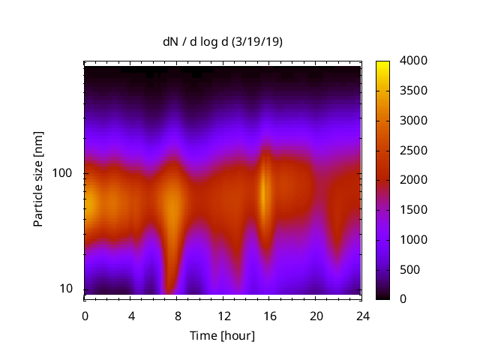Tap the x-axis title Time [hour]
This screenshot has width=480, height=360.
click(x=222, y=335)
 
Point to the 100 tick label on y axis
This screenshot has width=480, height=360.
click(x=63, y=173)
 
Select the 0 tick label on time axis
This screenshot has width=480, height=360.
click(x=85, y=316)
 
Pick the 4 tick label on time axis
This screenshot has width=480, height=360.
click(x=131, y=316)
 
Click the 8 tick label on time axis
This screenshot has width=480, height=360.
click(x=177, y=316)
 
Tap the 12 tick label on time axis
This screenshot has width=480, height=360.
click(x=223, y=316)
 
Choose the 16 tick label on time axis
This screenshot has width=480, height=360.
click(x=269, y=316)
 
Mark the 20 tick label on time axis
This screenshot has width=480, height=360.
click(x=316, y=316)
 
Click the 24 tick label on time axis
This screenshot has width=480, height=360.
click(x=361, y=316)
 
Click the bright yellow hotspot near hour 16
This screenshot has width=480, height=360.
click(x=264, y=191)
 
